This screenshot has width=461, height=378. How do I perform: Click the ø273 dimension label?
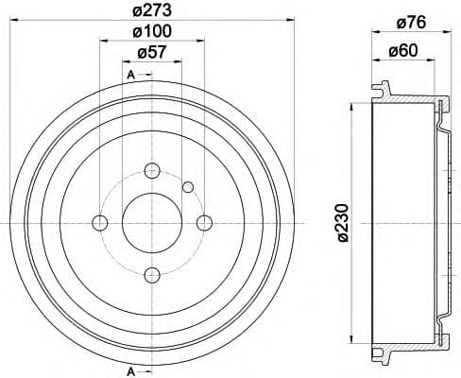click(x=151, y=12)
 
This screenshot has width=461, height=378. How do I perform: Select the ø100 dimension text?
click(x=151, y=33)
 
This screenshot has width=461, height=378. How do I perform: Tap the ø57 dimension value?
click(x=151, y=54)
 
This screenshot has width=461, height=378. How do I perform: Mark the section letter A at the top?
click(x=129, y=74)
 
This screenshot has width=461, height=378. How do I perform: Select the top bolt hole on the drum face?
click(x=151, y=170)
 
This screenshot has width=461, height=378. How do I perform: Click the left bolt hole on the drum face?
click(x=99, y=222)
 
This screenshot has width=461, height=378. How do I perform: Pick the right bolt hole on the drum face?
click(x=203, y=222)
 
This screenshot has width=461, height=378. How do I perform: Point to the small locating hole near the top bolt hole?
click(x=188, y=185)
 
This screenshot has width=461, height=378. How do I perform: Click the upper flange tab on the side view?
click(x=380, y=91)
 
